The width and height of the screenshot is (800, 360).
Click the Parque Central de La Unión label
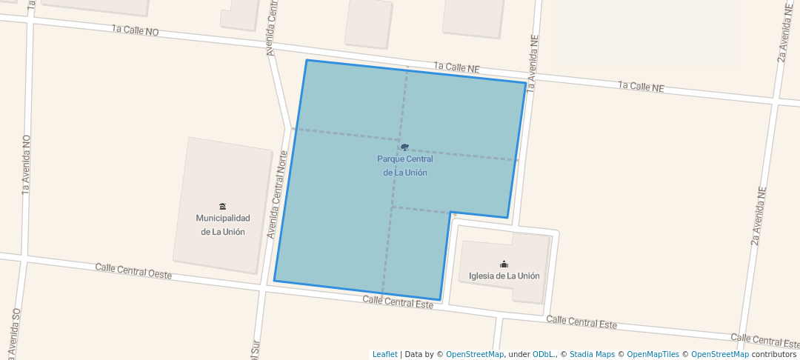[404, 166]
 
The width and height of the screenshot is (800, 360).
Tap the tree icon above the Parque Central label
[404, 147]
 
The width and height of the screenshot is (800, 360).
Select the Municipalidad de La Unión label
[222, 224]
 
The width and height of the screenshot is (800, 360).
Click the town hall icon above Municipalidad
[222, 206]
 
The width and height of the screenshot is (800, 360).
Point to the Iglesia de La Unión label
[504, 276]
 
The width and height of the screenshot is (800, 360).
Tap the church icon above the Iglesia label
[504, 264]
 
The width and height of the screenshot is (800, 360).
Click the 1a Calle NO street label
[135, 30]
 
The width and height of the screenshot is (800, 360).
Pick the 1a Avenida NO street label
[26, 164]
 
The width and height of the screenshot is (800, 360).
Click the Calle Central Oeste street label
[133, 270]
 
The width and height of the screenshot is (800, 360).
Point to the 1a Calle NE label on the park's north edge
[457, 68]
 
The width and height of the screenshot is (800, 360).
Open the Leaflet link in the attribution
[384, 354]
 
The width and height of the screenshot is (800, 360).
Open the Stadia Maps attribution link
[592, 354]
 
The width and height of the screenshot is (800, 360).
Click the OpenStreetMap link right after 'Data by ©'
[475, 354]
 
